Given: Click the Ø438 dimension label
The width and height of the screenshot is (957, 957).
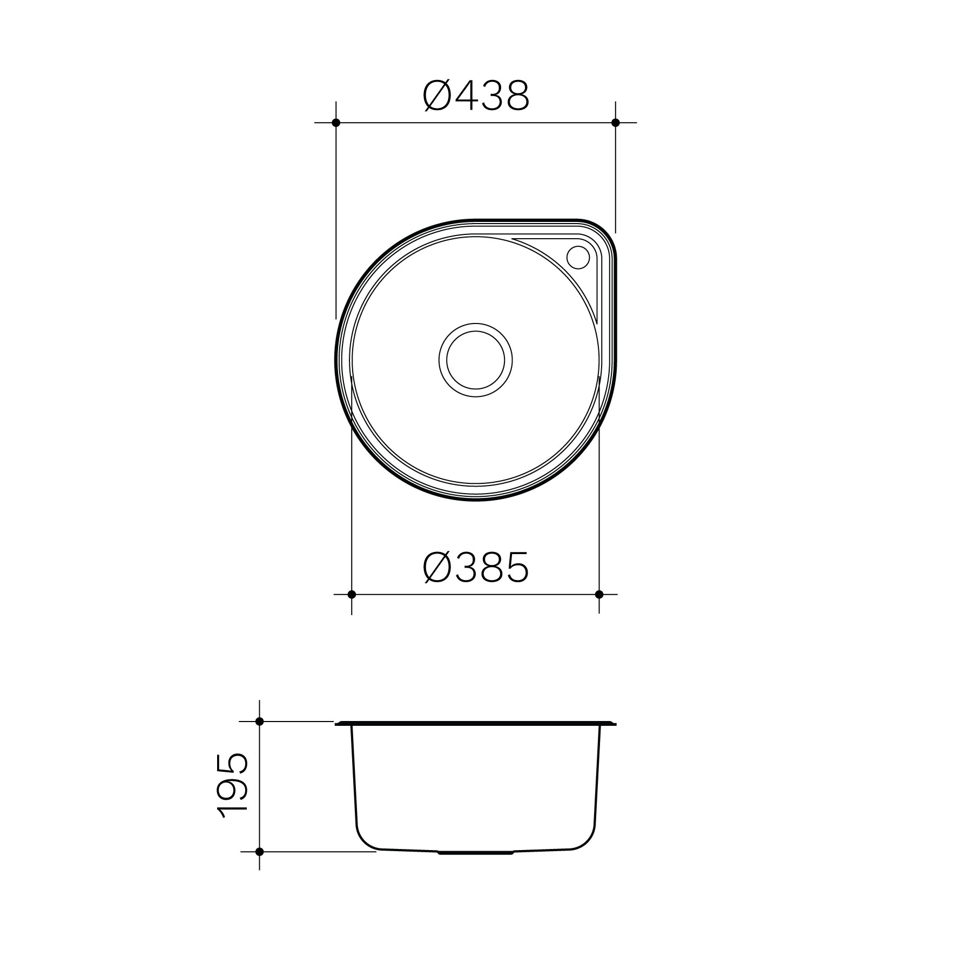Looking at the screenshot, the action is point(476,96).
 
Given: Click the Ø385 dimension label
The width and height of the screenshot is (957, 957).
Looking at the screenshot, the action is point(475,568).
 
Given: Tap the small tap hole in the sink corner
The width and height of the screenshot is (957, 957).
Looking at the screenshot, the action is point(578,257).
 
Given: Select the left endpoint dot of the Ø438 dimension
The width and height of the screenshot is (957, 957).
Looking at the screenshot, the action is point(336,123).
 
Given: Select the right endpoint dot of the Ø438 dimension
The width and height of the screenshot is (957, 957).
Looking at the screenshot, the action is point(615,123).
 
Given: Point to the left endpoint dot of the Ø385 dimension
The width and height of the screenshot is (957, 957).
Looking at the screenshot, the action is point(352,594).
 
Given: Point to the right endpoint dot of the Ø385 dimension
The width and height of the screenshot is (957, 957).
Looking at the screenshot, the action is point(599,594).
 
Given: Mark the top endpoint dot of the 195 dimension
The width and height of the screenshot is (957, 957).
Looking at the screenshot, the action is point(259,721).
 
